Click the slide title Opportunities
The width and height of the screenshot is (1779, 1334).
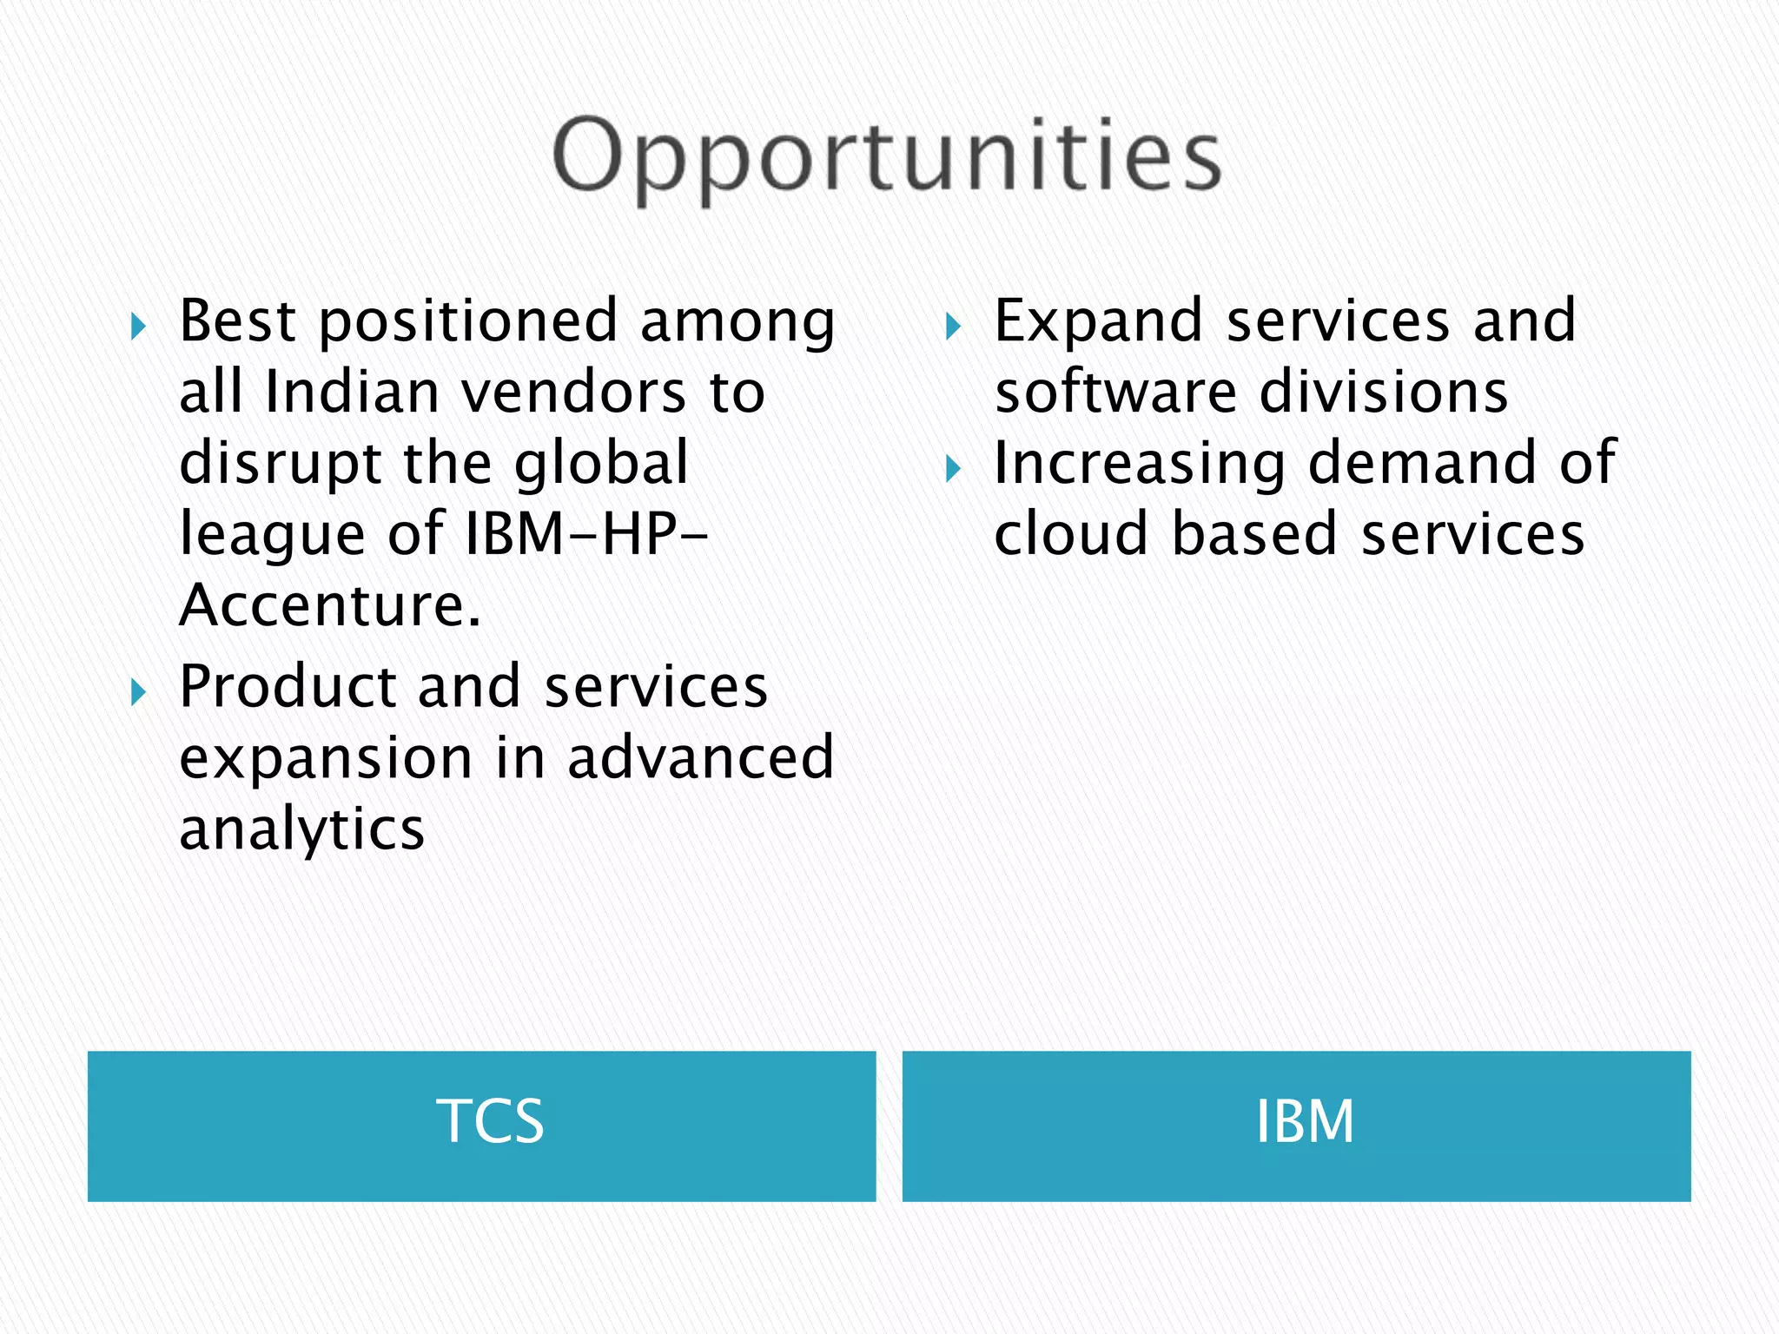click(888, 156)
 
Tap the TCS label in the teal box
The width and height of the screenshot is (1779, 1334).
click(490, 1121)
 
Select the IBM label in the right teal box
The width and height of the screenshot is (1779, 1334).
click(1305, 1121)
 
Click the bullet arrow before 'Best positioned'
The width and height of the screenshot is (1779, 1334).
click(138, 327)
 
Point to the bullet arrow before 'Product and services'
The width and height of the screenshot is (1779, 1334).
click(138, 693)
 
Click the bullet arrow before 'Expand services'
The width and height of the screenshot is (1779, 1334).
click(953, 327)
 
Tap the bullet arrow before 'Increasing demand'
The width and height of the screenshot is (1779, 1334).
click(953, 470)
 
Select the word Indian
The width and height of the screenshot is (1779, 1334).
click(351, 392)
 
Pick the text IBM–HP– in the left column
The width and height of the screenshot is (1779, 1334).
click(587, 533)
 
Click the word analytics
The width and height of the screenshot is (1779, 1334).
click(301, 829)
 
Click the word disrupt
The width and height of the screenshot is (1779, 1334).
click(280, 463)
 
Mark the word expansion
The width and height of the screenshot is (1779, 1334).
click(326, 759)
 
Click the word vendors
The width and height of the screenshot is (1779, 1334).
click(573, 392)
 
